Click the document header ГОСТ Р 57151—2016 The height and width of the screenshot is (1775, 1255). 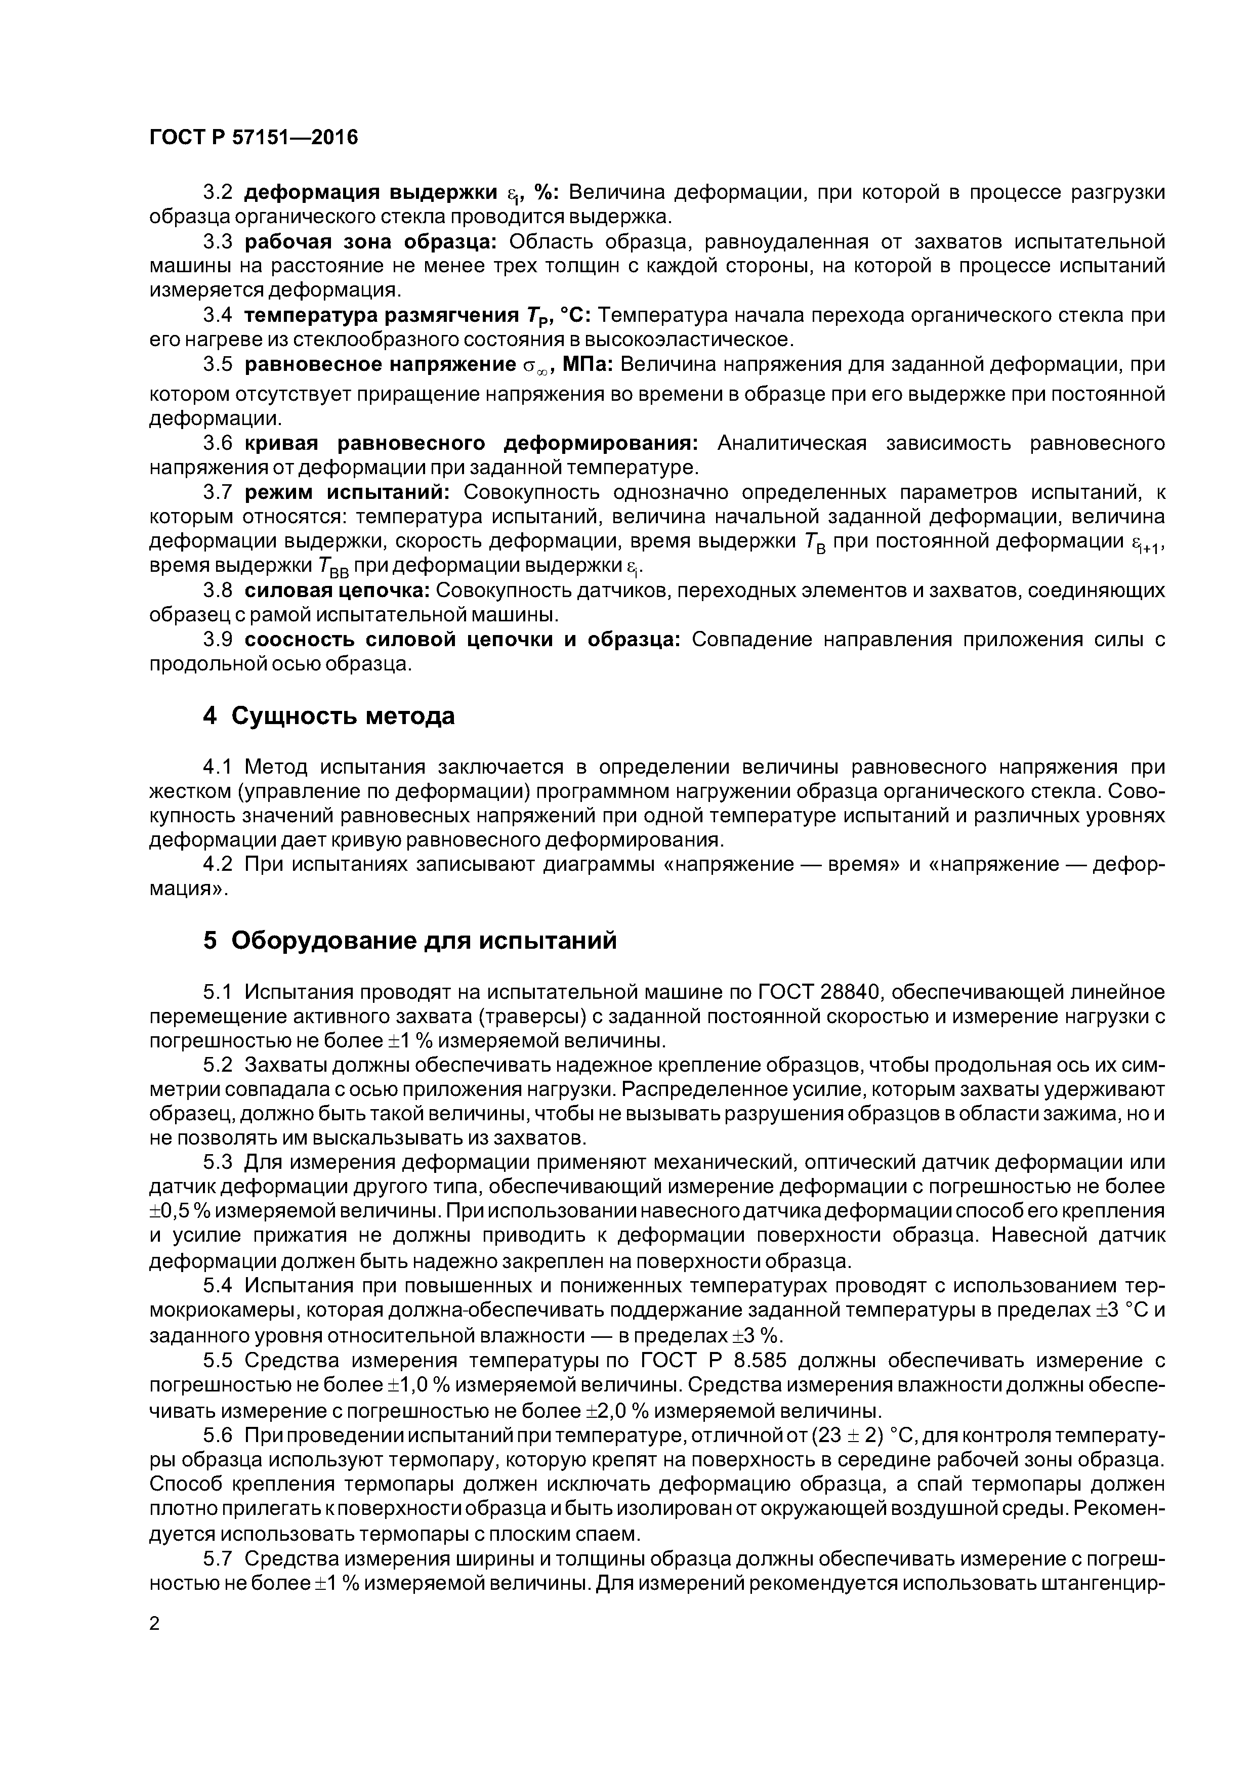[x=254, y=138]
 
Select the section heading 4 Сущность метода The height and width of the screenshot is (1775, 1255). [x=328, y=716]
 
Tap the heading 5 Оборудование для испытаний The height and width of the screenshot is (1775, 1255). [x=410, y=941]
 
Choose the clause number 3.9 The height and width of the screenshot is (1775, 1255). [x=217, y=640]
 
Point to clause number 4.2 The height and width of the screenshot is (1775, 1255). [x=217, y=864]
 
